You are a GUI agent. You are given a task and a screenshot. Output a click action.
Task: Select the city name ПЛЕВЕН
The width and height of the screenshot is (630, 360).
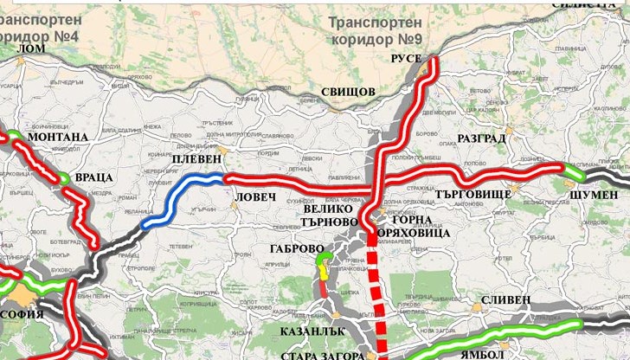pyautogui.click(x=197, y=160)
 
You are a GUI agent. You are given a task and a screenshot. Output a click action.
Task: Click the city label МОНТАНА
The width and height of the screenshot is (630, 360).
pyautogui.click(x=58, y=137)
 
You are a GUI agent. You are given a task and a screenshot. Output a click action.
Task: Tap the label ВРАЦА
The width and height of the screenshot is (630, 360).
pyautogui.click(x=94, y=177)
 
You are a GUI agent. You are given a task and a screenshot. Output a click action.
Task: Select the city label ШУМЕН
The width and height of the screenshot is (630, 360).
pyautogui.click(x=593, y=196)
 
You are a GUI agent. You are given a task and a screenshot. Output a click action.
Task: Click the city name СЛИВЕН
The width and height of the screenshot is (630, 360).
pyautogui.click(x=505, y=299)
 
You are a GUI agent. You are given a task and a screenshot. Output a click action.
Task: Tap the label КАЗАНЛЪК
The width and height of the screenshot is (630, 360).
pyautogui.click(x=313, y=331)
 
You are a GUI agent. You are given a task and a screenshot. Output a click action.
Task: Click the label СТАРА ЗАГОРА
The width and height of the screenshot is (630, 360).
pyautogui.click(x=321, y=355)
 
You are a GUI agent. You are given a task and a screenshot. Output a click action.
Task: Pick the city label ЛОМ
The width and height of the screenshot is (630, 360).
pyautogui.click(x=31, y=49)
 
